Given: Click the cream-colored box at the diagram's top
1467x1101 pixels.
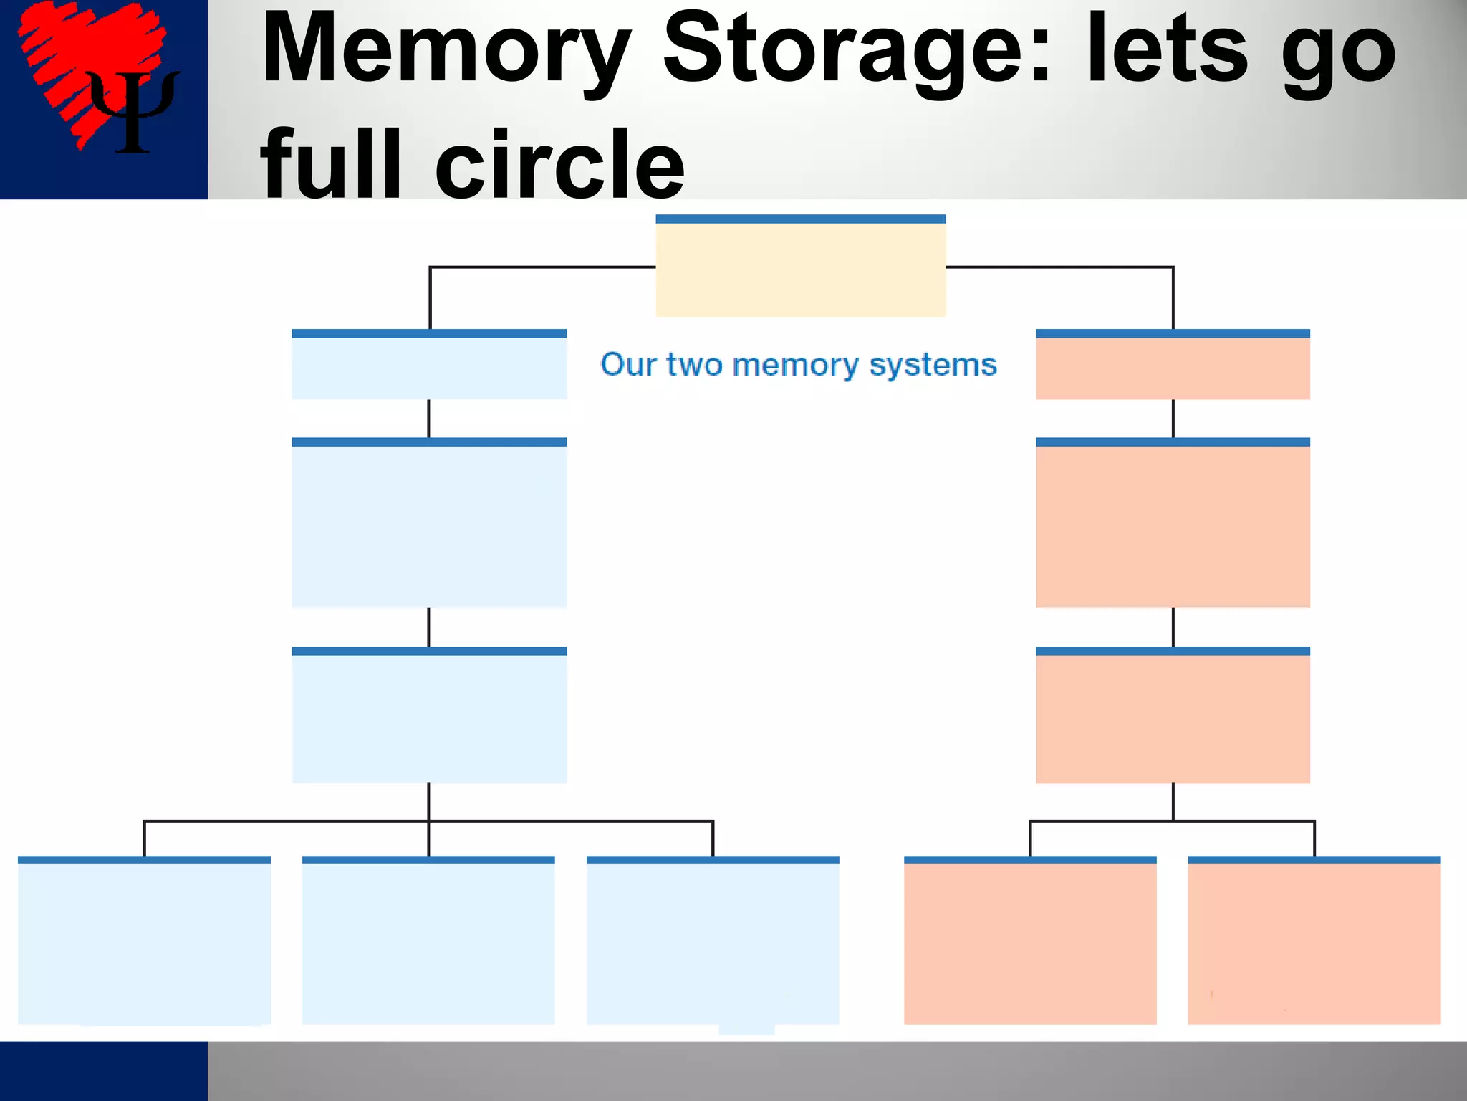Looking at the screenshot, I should pos(800,268).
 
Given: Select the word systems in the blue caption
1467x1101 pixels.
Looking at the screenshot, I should pos(933,366).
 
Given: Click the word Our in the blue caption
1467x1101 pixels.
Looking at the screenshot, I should pos(628,364).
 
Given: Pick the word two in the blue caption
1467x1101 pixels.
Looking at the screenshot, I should pos(694,364).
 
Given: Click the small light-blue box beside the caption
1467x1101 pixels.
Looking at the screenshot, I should pos(429,367).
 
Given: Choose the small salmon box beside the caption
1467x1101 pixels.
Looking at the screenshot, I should pos(1173,367).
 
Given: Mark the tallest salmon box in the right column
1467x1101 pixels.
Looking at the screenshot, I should pos(1173,525).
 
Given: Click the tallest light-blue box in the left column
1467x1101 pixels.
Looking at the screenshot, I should pos(429,525).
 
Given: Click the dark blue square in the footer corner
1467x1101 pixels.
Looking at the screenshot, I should pos(103,1071).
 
